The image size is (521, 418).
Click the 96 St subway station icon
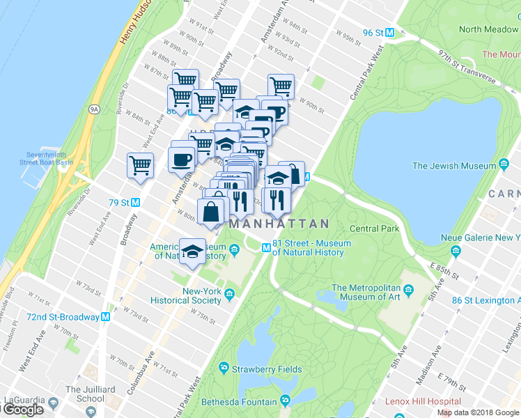click(390, 32)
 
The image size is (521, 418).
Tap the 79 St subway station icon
click(136, 203)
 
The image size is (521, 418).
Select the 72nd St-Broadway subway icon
click(106, 316)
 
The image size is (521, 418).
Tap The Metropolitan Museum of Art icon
click(408, 288)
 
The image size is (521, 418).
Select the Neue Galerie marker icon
click(456, 250)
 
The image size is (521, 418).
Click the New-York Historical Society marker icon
click(229, 299)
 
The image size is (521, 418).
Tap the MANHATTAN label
click(279, 224)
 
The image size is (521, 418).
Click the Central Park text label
click(374, 229)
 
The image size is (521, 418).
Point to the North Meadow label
click(490, 29)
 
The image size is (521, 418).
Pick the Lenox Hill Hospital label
click(428, 401)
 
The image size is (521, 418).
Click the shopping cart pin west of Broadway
click(140, 166)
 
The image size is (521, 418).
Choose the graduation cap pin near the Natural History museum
click(192, 251)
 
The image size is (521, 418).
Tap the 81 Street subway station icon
click(266, 248)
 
